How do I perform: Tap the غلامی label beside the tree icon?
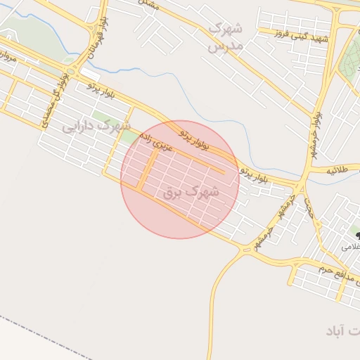click(x=350, y=247)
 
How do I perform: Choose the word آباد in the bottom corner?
click(x=344, y=330)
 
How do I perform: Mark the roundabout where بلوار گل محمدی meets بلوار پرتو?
click(x=70, y=71)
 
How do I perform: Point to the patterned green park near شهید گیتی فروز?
click(x=350, y=60)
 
